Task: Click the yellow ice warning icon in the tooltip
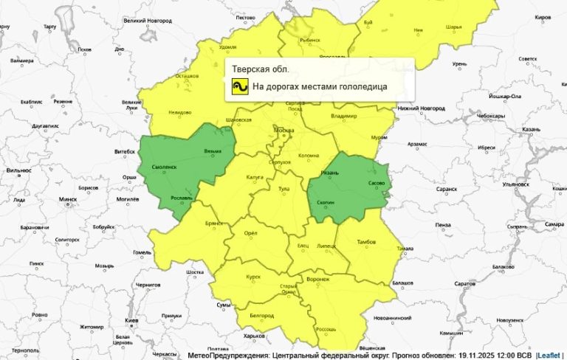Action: (239, 87)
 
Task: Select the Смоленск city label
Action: (165, 167)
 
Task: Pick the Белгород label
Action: (262, 315)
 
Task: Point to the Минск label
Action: (68, 199)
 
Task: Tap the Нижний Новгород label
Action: (421, 108)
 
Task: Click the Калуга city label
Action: (255, 177)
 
